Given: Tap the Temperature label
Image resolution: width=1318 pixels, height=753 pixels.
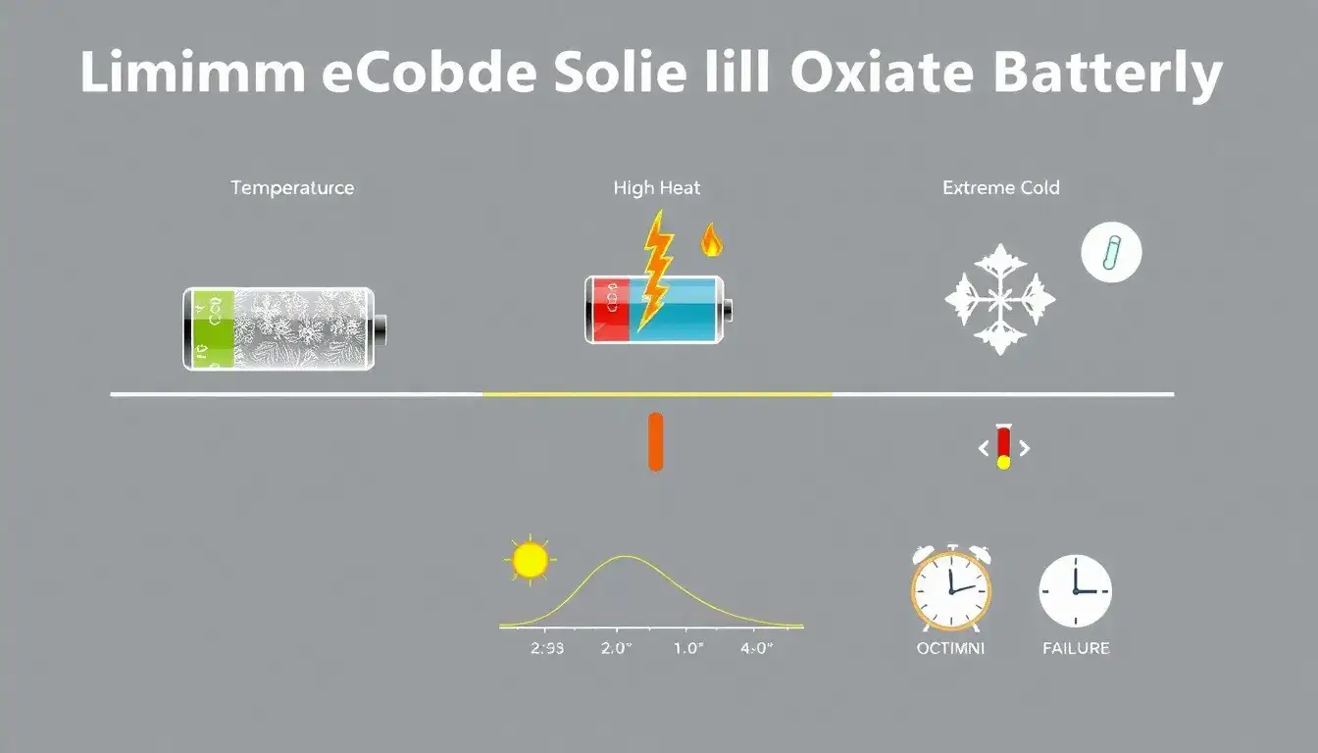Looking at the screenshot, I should pyautogui.click(x=292, y=187).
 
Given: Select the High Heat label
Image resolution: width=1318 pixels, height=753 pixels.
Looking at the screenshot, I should pyautogui.click(x=657, y=187).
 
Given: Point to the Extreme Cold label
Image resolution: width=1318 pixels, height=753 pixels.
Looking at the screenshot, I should pyautogui.click(x=1000, y=187).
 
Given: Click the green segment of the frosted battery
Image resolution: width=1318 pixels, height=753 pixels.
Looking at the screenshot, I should pyautogui.click(x=213, y=327).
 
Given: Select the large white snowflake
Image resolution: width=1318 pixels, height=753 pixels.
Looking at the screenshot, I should pyautogui.click(x=1000, y=299).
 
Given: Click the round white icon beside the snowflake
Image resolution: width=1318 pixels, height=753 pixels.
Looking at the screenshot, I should pyautogui.click(x=1111, y=253).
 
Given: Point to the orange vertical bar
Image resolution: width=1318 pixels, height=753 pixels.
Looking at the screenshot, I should pyautogui.click(x=656, y=442).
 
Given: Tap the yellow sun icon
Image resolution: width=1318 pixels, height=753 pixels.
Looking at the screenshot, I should pyautogui.click(x=530, y=560).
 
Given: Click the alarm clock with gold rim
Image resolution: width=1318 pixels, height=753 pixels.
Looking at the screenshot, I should pyautogui.click(x=950, y=589).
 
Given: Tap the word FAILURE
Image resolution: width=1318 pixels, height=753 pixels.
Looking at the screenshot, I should pyautogui.click(x=1076, y=648).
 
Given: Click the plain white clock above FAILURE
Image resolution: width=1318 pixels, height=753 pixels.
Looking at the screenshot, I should pyautogui.click(x=1076, y=590).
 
